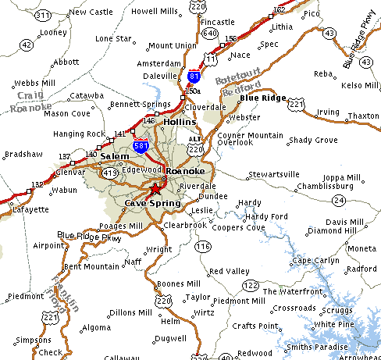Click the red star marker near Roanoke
155,189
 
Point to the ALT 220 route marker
195,144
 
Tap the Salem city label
115,156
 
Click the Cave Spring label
152,203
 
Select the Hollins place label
180,123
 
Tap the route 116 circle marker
204,247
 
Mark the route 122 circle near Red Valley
251,286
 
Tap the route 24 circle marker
338,201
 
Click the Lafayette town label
29,209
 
